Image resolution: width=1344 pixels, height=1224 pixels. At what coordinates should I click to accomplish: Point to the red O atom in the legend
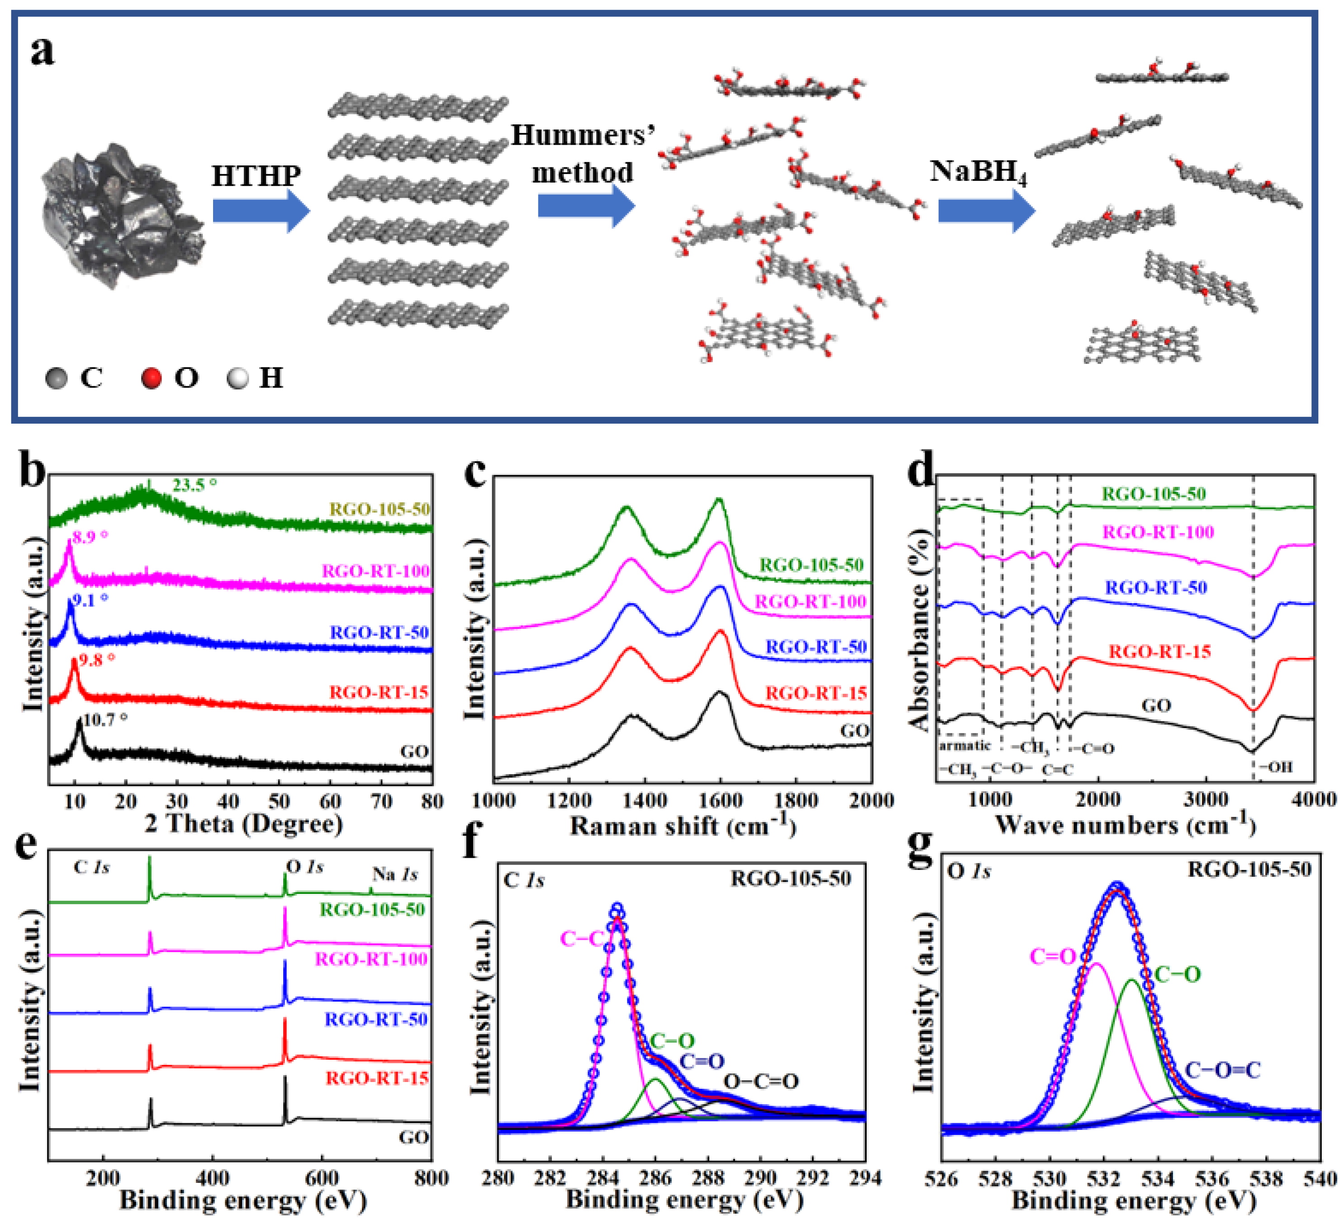(152, 378)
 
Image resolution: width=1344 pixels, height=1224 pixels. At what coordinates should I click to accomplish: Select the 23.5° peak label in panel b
(195, 485)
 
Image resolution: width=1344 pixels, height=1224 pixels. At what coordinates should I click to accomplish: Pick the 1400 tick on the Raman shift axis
(644, 801)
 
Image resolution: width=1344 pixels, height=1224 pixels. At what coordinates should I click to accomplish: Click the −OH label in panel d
(1276, 767)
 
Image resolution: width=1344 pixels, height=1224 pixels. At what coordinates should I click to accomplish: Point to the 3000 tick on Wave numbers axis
(1206, 799)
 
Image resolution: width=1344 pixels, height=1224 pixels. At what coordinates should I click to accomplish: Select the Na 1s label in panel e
(394, 874)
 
